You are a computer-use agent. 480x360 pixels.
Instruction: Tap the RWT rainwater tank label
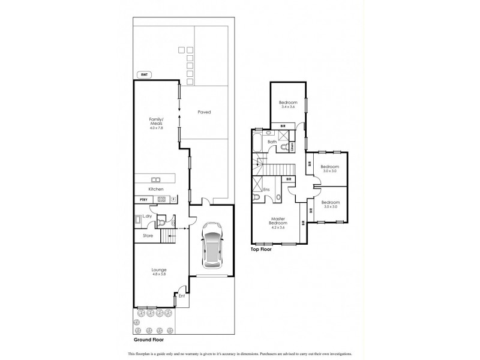point(143,75)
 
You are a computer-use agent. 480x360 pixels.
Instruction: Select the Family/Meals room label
point(156,122)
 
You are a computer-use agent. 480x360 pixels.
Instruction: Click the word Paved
point(204,112)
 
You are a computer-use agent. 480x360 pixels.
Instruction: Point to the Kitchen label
point(156,189)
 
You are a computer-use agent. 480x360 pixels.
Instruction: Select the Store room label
point(148,236)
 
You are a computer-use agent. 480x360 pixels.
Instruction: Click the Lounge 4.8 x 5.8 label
point(158,272)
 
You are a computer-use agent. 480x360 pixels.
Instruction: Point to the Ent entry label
point(181,296)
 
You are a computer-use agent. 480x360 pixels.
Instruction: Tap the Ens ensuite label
point(266,190)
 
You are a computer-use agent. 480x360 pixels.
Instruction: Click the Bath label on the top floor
point(272,142)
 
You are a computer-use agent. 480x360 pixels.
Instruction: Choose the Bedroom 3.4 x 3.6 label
point(288,104)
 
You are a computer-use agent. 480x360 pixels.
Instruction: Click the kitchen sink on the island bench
point(156,179)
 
